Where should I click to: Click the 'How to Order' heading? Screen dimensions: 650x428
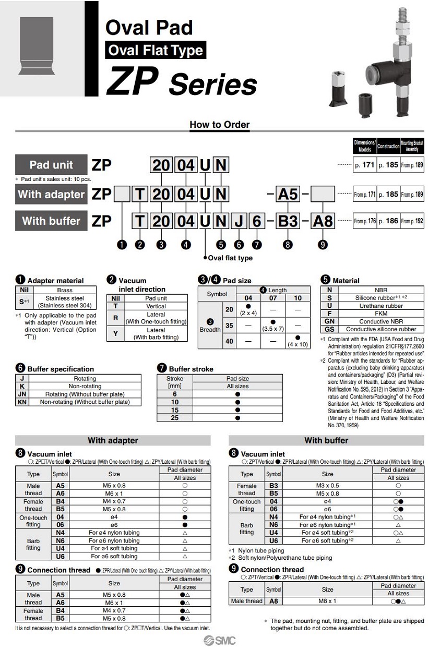tap(219, 125)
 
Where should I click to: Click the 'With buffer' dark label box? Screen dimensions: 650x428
tap(51, 221)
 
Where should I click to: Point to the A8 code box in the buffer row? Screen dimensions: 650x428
tap(322, 221)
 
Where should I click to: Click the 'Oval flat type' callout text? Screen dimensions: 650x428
tap(230, 258)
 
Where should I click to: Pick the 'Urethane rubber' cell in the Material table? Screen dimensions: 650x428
tap(381, 306)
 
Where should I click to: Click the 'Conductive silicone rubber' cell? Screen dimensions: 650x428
tap(381, 329)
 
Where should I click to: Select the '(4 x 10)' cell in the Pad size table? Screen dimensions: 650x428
tap(298, 342)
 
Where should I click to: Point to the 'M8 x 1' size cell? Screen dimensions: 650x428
tap(327, 601)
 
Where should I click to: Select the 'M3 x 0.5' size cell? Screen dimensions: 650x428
tap(327, 485)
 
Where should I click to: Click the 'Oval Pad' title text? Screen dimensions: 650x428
tap(149, 27)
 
